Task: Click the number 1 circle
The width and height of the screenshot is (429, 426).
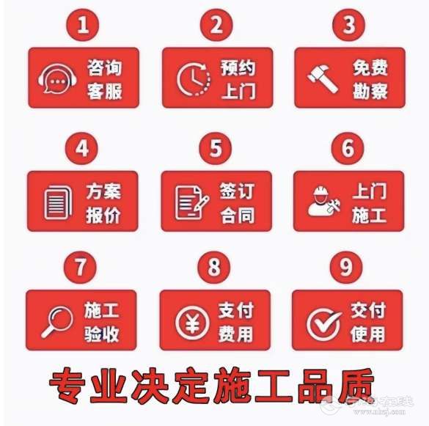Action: click(83, 25)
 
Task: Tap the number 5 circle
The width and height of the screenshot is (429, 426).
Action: click(216, 148)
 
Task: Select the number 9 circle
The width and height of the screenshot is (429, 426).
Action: click(346, 267)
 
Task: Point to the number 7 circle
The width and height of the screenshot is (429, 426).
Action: click(80, 267)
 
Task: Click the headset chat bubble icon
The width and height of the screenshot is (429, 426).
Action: click(57, 78)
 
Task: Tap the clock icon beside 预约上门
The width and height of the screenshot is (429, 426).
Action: click(194, 79)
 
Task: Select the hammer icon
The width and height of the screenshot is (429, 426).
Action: click(322, 78)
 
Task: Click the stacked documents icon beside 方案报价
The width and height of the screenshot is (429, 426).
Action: click(58, 202)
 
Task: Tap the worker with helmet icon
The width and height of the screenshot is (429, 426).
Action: click(324, 201)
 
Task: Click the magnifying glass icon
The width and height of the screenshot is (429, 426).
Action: click(57, 322)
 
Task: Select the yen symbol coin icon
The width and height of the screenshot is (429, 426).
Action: click(192, 323)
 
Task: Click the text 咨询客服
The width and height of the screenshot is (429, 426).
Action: click(105, 79)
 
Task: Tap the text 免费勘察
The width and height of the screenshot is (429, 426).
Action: click(370, 79)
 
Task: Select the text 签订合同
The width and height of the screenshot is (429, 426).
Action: click(237, 203)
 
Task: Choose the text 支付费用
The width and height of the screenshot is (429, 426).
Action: click(236, 322)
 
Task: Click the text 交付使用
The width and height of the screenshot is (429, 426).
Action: click(368, 322)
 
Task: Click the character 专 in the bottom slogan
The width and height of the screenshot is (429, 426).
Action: click(67, 386)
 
